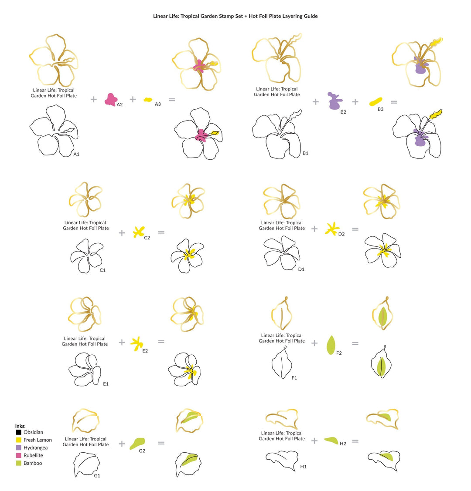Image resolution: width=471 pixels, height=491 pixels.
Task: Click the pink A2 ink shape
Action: coord(111,99)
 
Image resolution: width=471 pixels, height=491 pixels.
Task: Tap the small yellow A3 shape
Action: coord(148,100)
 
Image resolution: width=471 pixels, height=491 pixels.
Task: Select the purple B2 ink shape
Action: coord(335,101)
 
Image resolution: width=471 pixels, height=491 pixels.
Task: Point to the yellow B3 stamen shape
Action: coord(375,102)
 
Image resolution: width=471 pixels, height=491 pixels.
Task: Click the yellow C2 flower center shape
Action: coord(138,232)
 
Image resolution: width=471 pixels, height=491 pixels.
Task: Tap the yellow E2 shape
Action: coord(137,343)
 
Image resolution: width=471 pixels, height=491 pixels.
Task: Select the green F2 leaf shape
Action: coord(331,345)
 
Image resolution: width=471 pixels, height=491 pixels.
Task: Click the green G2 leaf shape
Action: coord(137,444)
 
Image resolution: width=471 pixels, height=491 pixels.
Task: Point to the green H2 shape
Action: coord(331,441)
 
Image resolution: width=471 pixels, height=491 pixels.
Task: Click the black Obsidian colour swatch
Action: coord(19,432)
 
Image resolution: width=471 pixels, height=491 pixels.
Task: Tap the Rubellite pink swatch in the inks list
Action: coord(19,455)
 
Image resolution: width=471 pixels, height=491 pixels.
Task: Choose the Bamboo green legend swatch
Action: coord(19,463)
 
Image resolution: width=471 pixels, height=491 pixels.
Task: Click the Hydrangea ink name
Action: coord(35,448)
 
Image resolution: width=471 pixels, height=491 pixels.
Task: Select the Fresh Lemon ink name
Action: coord(38,440)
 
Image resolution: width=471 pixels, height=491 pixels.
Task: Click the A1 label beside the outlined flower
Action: coord(77,154)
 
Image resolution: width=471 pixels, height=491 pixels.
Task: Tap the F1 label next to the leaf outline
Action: coord(294,378)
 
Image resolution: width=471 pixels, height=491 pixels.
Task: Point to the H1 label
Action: coord(303,467)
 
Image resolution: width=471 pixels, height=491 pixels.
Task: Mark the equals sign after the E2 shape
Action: coord(161,342)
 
